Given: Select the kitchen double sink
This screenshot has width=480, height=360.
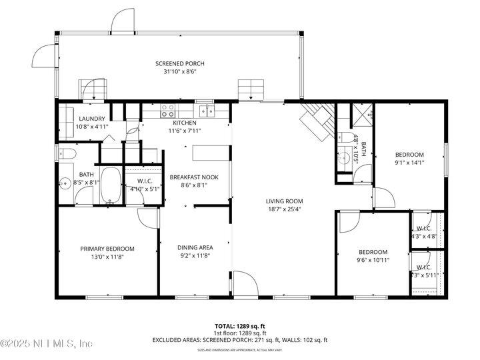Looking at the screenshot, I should (x=209, y=111).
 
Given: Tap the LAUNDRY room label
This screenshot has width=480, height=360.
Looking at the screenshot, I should (x=91, y=118).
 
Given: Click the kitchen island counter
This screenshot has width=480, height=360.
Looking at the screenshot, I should (x=210, y=153).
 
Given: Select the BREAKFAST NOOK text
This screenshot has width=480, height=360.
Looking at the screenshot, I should (x=193, y=177).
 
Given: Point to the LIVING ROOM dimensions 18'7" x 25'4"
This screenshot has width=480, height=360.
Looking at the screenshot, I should (x=285, y=209).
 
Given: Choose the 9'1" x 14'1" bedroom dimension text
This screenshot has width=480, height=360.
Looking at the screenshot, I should (x=409, y=160).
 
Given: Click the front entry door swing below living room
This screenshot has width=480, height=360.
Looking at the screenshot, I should (x=245, y=283).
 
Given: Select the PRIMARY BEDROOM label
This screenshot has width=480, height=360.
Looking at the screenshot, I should (x=107, y=249).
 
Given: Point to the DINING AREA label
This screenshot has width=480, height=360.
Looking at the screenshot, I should (x=195, y=248).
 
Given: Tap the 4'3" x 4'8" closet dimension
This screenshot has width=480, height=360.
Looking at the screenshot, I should (x=424, y=235).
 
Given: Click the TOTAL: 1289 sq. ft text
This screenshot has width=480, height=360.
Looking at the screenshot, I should (x=240, y=327).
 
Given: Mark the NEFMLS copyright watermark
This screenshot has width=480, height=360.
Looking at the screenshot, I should (x=47, y=344).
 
